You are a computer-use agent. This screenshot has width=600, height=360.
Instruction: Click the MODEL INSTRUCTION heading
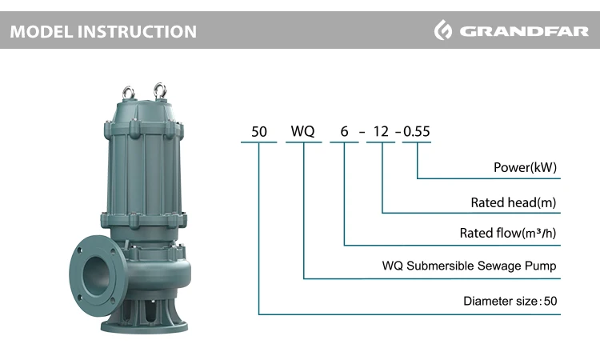[103, 31]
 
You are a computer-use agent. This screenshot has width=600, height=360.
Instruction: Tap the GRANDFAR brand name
[524, 31]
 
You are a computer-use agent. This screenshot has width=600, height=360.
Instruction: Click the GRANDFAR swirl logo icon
[443, 30]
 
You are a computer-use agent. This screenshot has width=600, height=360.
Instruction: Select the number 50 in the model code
[259, 132]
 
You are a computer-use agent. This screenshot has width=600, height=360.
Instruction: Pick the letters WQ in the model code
[302, 131]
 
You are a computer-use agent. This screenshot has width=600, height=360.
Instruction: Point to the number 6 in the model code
[344, 132]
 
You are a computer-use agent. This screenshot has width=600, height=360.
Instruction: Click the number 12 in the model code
[381, 132]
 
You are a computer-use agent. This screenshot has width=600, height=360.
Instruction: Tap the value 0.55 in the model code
[417, 132]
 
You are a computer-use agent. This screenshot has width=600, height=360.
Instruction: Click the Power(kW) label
[525, 167]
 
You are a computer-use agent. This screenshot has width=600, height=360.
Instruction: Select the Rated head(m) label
[514, 202]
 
